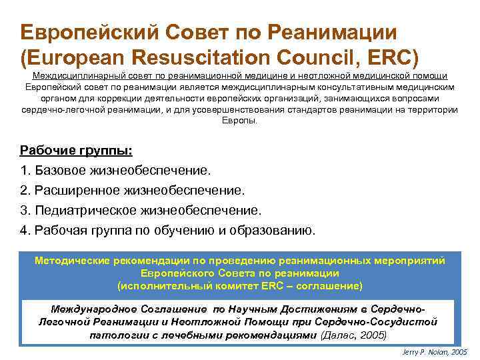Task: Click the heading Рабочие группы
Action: point(76,151)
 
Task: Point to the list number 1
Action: point(25,171)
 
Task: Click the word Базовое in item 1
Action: point(61,171)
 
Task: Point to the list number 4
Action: point(25,231)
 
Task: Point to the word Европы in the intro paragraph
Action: point(239,121)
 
